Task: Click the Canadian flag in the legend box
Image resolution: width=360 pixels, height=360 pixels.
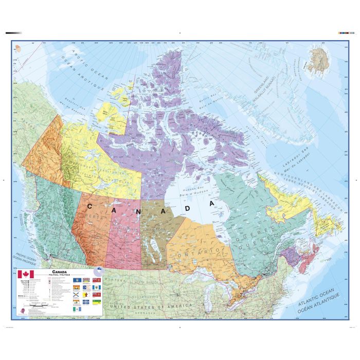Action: tap(25, 276)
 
